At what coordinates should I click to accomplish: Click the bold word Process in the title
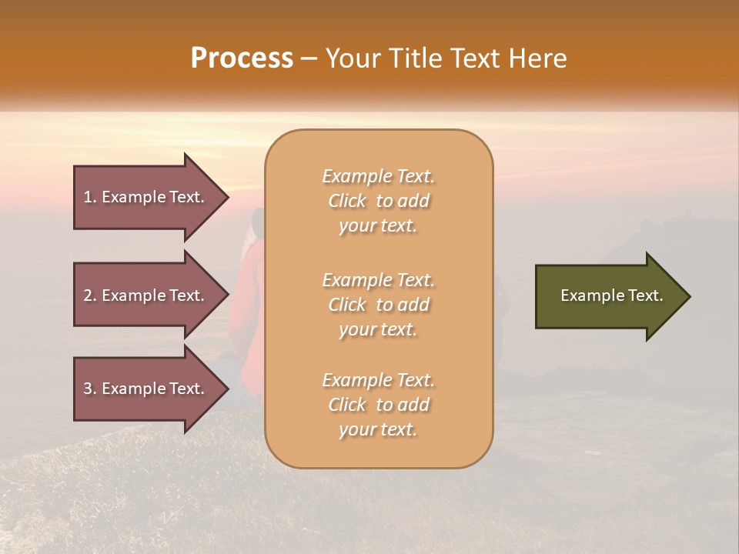click(x=242, y=58)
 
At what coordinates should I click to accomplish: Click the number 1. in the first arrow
click(x=89, y=197)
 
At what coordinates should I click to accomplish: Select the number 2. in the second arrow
click(x=89, y=295)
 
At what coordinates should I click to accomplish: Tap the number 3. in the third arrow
click(x=89, y=389)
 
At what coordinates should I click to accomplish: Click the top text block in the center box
click(x=379, y=201)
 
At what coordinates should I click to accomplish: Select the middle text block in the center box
click(x=379, y=305)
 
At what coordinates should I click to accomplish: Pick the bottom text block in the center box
click(x=379, y=405)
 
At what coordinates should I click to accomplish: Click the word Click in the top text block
click(x=347, y=202)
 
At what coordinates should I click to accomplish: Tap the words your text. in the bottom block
click(x=378, y=429)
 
